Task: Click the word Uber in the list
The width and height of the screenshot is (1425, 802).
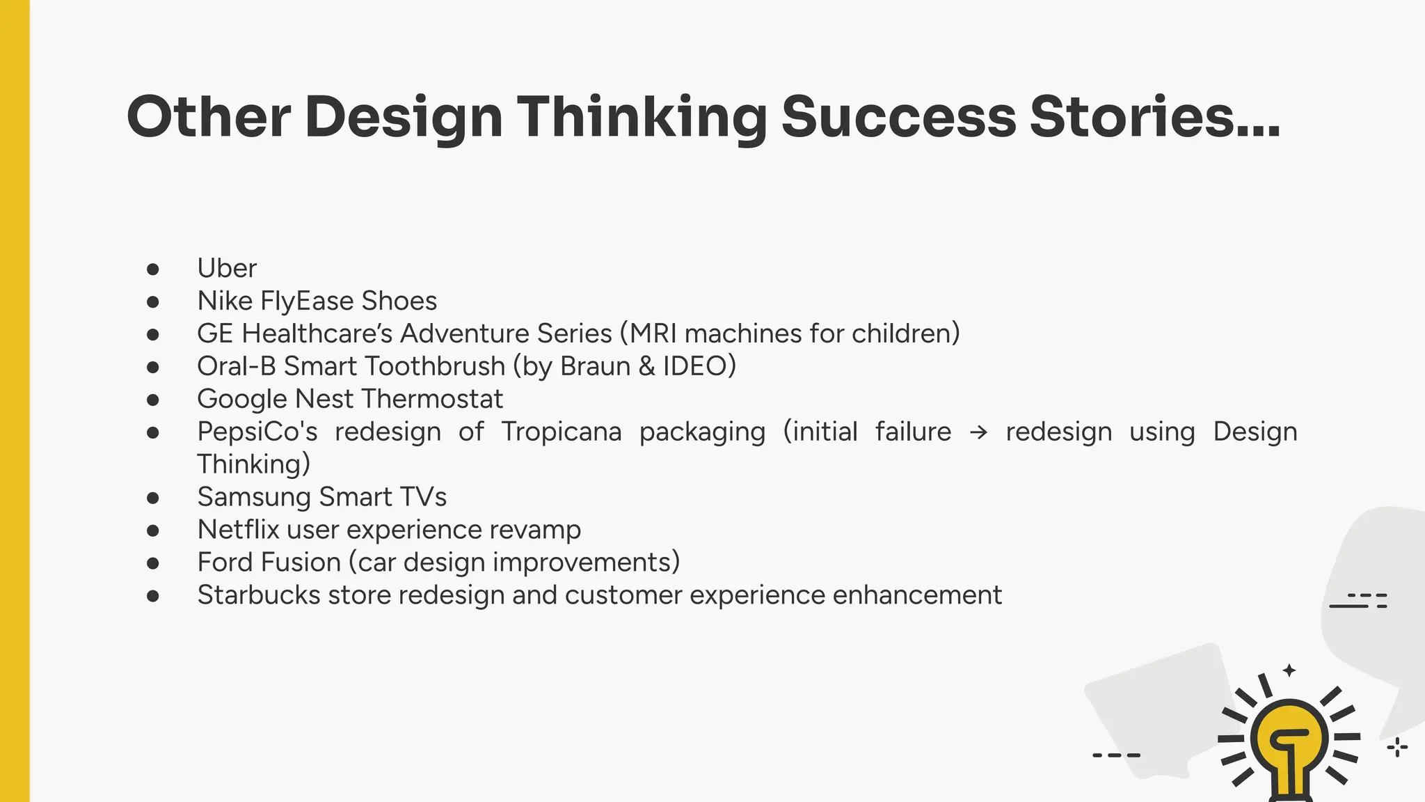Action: (227, 268)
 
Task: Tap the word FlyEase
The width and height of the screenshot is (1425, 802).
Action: (306, 301)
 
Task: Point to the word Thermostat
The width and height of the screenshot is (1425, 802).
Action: (432, 399)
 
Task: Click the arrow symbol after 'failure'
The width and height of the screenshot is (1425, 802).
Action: (978, 432)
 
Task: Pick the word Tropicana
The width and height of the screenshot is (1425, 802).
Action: (561, 432)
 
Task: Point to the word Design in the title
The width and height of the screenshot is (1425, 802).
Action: (404, 116)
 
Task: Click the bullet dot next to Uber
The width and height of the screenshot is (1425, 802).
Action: (153, 269)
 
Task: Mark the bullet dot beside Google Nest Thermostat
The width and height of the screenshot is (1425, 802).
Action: (153, 400)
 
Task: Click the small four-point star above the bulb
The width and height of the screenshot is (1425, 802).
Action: (1289, 670)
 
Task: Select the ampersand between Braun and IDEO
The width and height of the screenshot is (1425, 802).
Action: (646, 366)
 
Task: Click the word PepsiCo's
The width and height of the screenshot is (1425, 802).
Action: (257, 432)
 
